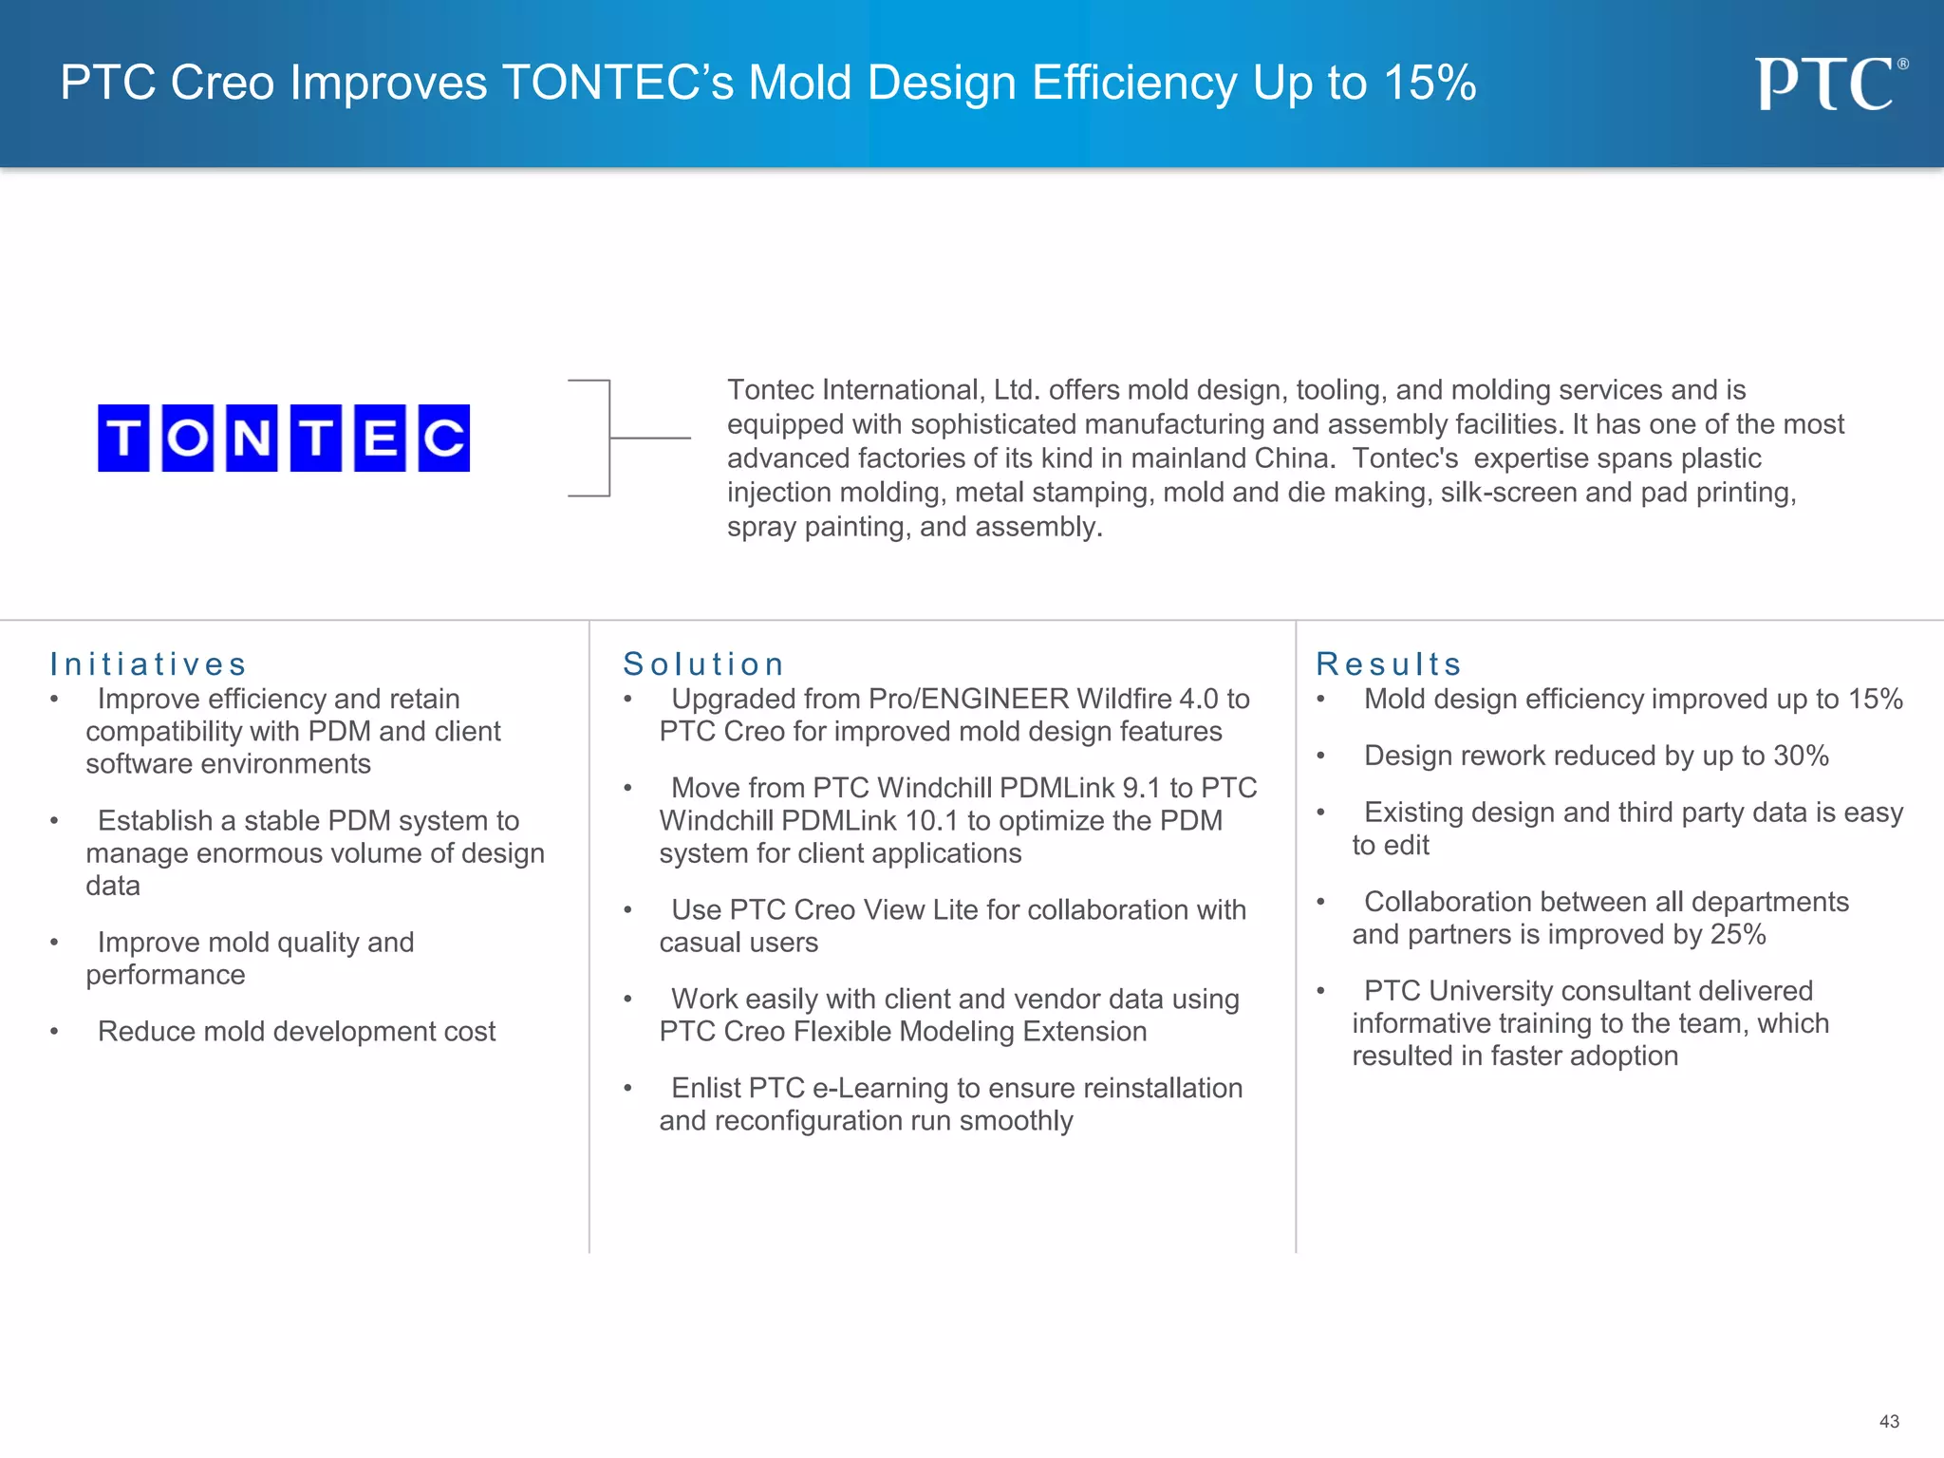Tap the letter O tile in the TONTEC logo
point(187,438)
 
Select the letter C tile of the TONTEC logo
point(444,438)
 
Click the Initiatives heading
point(148,664)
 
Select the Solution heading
point(703,664)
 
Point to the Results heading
point(1388,664)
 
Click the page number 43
point(1889,1421)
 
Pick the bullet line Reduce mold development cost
point(296,1032)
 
